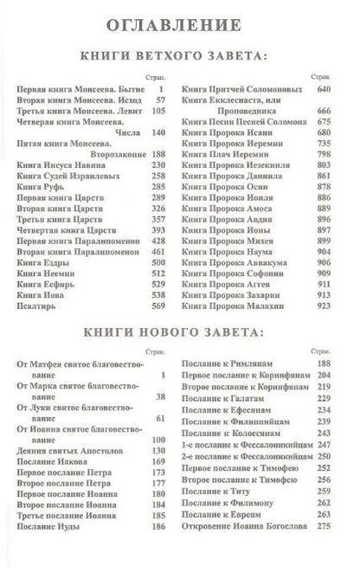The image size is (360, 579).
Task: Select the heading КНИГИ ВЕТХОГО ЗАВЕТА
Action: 180,56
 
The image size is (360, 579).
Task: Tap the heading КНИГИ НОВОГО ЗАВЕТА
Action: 180,332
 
